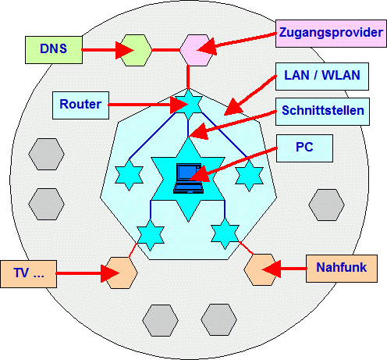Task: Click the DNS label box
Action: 54,50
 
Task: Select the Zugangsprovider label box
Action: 331,34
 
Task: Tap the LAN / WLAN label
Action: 322,77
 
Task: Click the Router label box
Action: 80,105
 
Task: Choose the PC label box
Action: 304,148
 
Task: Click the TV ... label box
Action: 28,274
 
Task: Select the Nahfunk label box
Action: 342,269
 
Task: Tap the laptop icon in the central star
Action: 188,178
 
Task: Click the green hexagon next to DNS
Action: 136,50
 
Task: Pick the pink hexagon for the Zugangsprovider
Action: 197,50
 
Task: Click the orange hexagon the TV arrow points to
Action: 120,273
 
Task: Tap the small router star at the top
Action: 189,104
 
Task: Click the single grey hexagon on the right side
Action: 326,205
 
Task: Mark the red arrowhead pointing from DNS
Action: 124,50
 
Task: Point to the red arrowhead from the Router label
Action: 179,105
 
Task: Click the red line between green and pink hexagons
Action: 166,50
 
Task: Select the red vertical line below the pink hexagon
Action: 188,77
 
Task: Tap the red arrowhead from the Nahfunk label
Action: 271,269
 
